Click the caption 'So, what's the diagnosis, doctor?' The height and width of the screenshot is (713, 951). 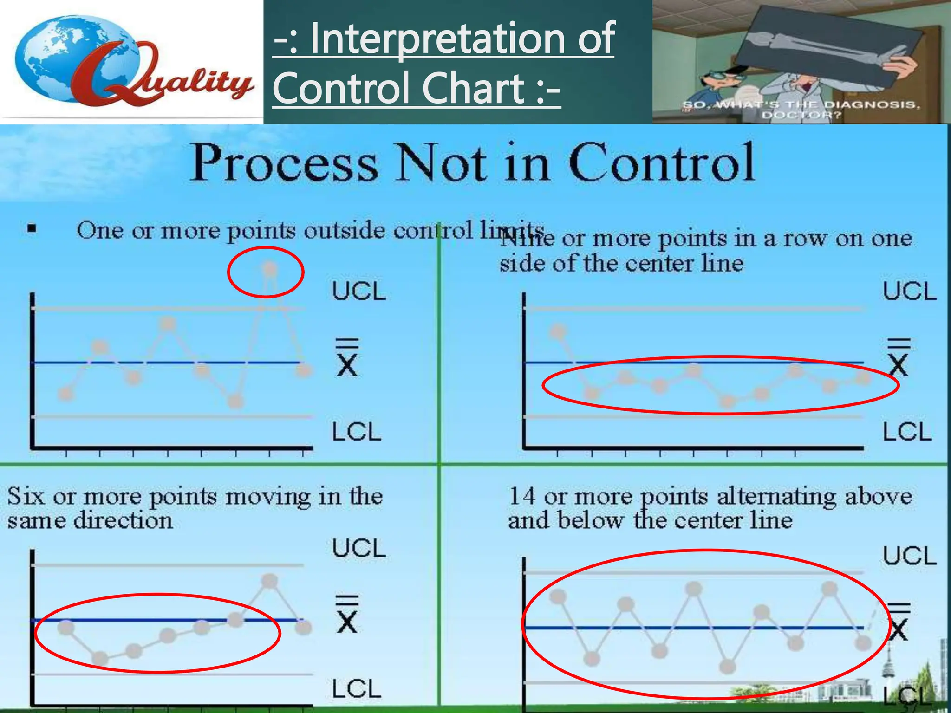[x=801, y=110]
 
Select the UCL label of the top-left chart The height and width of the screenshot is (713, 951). [x=359, y=292]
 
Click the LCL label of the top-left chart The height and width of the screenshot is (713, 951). [x=357, y=432]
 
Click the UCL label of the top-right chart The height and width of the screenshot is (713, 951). [x=909, y=292]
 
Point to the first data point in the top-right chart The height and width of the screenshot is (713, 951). [x=558, y=331]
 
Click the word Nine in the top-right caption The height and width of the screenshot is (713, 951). [x=528, y=240]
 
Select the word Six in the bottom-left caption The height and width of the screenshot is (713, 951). [x=26, y=496]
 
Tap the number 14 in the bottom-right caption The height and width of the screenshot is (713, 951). [x=522, y=496]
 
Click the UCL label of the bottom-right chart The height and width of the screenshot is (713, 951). [x=909, y=556]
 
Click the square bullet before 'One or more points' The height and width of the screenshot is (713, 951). [x=32, y=228]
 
